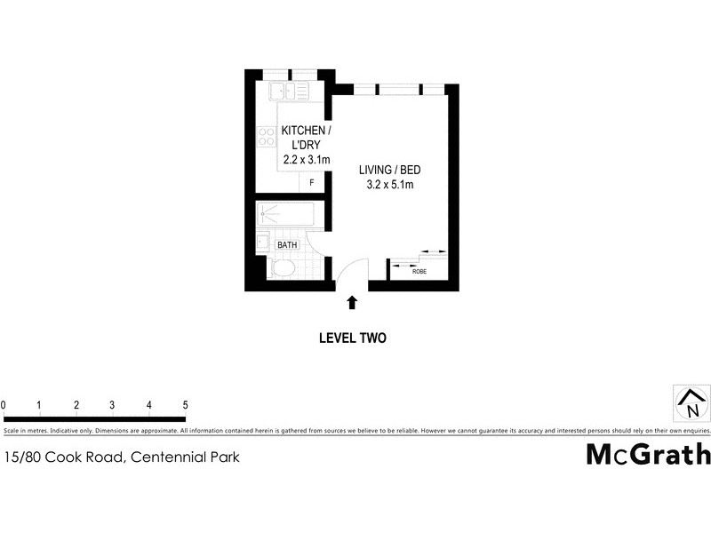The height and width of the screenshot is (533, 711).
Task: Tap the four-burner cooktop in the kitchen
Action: [266, 137]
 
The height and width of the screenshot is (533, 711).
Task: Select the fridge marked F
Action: [312, 182]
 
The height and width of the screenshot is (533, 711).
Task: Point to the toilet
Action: [284, 269]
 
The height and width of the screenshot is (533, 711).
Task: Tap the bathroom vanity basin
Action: [262, 241]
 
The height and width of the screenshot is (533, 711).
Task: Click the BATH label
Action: [287, 245]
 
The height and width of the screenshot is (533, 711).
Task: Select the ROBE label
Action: [419, 271]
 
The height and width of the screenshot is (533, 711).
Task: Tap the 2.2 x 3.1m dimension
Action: [306, 159]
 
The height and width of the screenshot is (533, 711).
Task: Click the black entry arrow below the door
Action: [352, 302]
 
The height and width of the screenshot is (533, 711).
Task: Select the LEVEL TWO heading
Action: [352, 338]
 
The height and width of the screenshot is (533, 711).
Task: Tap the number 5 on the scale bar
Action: [185, 405]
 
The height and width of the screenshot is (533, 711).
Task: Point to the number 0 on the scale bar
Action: [4, 405]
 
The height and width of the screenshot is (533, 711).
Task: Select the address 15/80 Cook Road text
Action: [121, 457]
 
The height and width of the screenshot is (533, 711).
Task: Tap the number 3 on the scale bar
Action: [112, 405]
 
